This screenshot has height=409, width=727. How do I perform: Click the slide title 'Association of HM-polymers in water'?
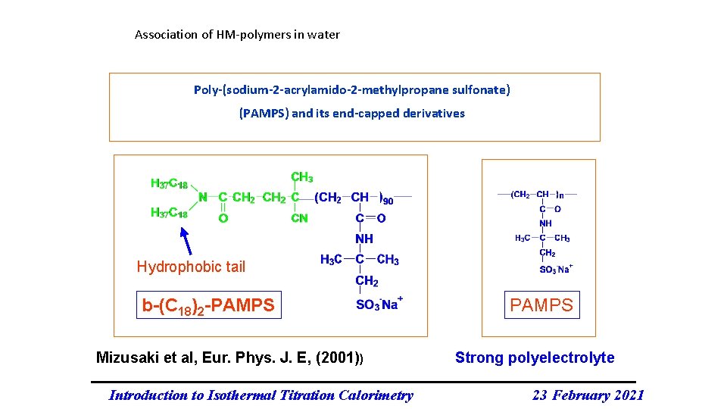click(237, 35)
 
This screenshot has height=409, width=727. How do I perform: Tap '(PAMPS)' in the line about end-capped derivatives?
click(263, 114)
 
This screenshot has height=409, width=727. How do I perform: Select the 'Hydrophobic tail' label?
click(191, 267)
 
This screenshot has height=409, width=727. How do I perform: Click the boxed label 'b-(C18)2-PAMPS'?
click(208, 305)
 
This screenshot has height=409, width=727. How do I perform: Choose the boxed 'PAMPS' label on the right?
click(541, 305)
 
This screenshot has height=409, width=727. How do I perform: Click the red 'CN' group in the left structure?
click(299, 219)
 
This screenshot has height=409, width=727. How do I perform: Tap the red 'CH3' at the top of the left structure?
click(301, 177)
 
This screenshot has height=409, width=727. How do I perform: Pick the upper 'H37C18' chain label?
click(169, 183)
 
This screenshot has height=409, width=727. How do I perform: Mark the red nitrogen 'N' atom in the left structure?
click(202, 197)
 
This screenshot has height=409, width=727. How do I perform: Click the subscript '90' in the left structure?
click(387, 201)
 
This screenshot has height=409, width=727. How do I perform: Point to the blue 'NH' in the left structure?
click(364, 239)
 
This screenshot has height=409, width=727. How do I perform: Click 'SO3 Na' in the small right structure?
click(555, 269)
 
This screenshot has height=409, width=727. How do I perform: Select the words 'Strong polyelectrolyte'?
click(535, 358)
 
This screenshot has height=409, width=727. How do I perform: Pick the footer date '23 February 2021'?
click(588, 395)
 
